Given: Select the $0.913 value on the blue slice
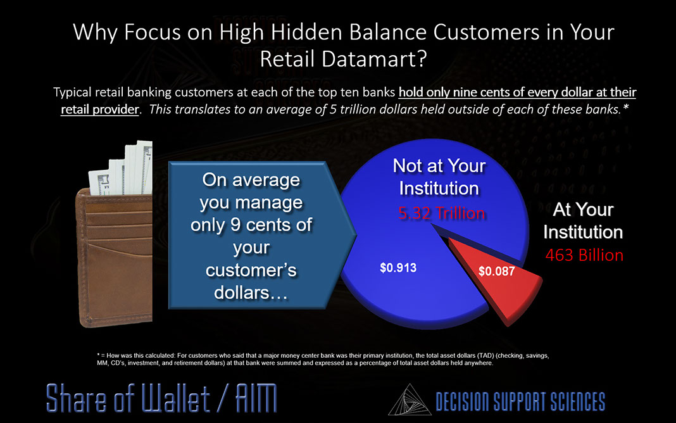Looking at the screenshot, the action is pyautogui.click(x=398, y=268).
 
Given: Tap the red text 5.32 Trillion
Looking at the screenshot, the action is pyautogui.click(x=441, y=213).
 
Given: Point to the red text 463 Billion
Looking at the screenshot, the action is pyautogui.click(x=584, y=255).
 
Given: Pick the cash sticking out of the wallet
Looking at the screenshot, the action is pyautogui.click(x=122, y=168).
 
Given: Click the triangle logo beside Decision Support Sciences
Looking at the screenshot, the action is pyautogui.click(x=410, y=400).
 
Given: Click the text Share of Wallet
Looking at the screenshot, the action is pyautogui.click(x=128, y=398).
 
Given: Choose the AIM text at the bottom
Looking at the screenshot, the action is pyautogui.click(x=256, y=398).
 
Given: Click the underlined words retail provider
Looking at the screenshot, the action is pyautogui.click(x=99, y=110).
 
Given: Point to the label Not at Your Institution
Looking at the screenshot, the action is pyautogui.click(x=439, y=177).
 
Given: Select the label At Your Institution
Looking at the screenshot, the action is pyautogui.click(x=583, y=221).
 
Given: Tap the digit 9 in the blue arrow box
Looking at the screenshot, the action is pyautogui.click(x=235, y=225).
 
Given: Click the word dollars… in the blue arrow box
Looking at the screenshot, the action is pyautogui.click(x=251, y=293).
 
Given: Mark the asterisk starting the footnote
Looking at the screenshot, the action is pyautogui.click(x=98, y=355).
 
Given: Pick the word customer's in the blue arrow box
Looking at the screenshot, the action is pyautogui.click(x=251, y=270).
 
